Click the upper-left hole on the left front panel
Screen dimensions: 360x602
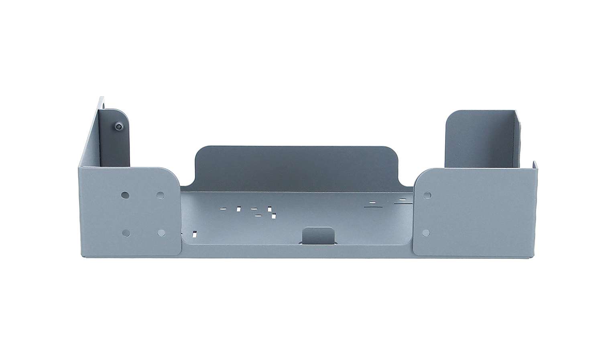pyautogui.click(x=125, y=195)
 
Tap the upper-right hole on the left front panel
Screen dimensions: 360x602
pyautogui.click(x=160, y=195)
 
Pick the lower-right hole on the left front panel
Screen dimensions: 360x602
pyautogui.click(x=162, y=233)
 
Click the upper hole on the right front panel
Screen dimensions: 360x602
pyautogui.click(x=427, y=195)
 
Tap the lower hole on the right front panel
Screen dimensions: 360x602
pyautogui.click(x=427, y=233)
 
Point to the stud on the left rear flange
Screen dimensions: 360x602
pyautogui.click(x=119, y=126)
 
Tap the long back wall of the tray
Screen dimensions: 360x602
pyautogui.click(x=295, y=165)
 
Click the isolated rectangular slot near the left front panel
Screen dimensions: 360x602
pyautogui.click(x=195, y=233)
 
